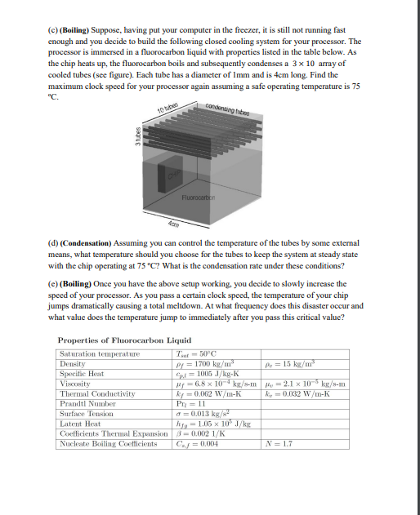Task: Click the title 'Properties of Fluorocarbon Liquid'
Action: (x=114, y=340)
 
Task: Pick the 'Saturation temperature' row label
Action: (x=97, y=353)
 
